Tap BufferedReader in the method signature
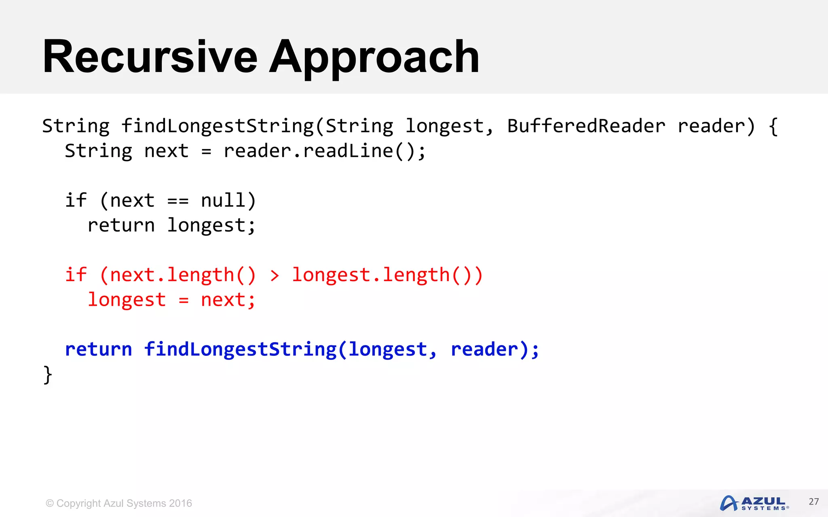coord(586,126)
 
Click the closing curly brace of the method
coord(48,375)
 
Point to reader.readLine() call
coord(324,151)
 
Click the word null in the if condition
coord(223,201)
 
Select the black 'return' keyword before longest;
coord(121,225)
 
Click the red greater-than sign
coord(275,276)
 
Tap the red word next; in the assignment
coord(228,300)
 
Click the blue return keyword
coord(99,349)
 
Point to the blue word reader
coord(484,349)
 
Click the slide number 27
coord(813,502)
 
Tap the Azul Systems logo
coord(754,503)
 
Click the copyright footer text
coord(119,503)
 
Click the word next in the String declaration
coord(167,151)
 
